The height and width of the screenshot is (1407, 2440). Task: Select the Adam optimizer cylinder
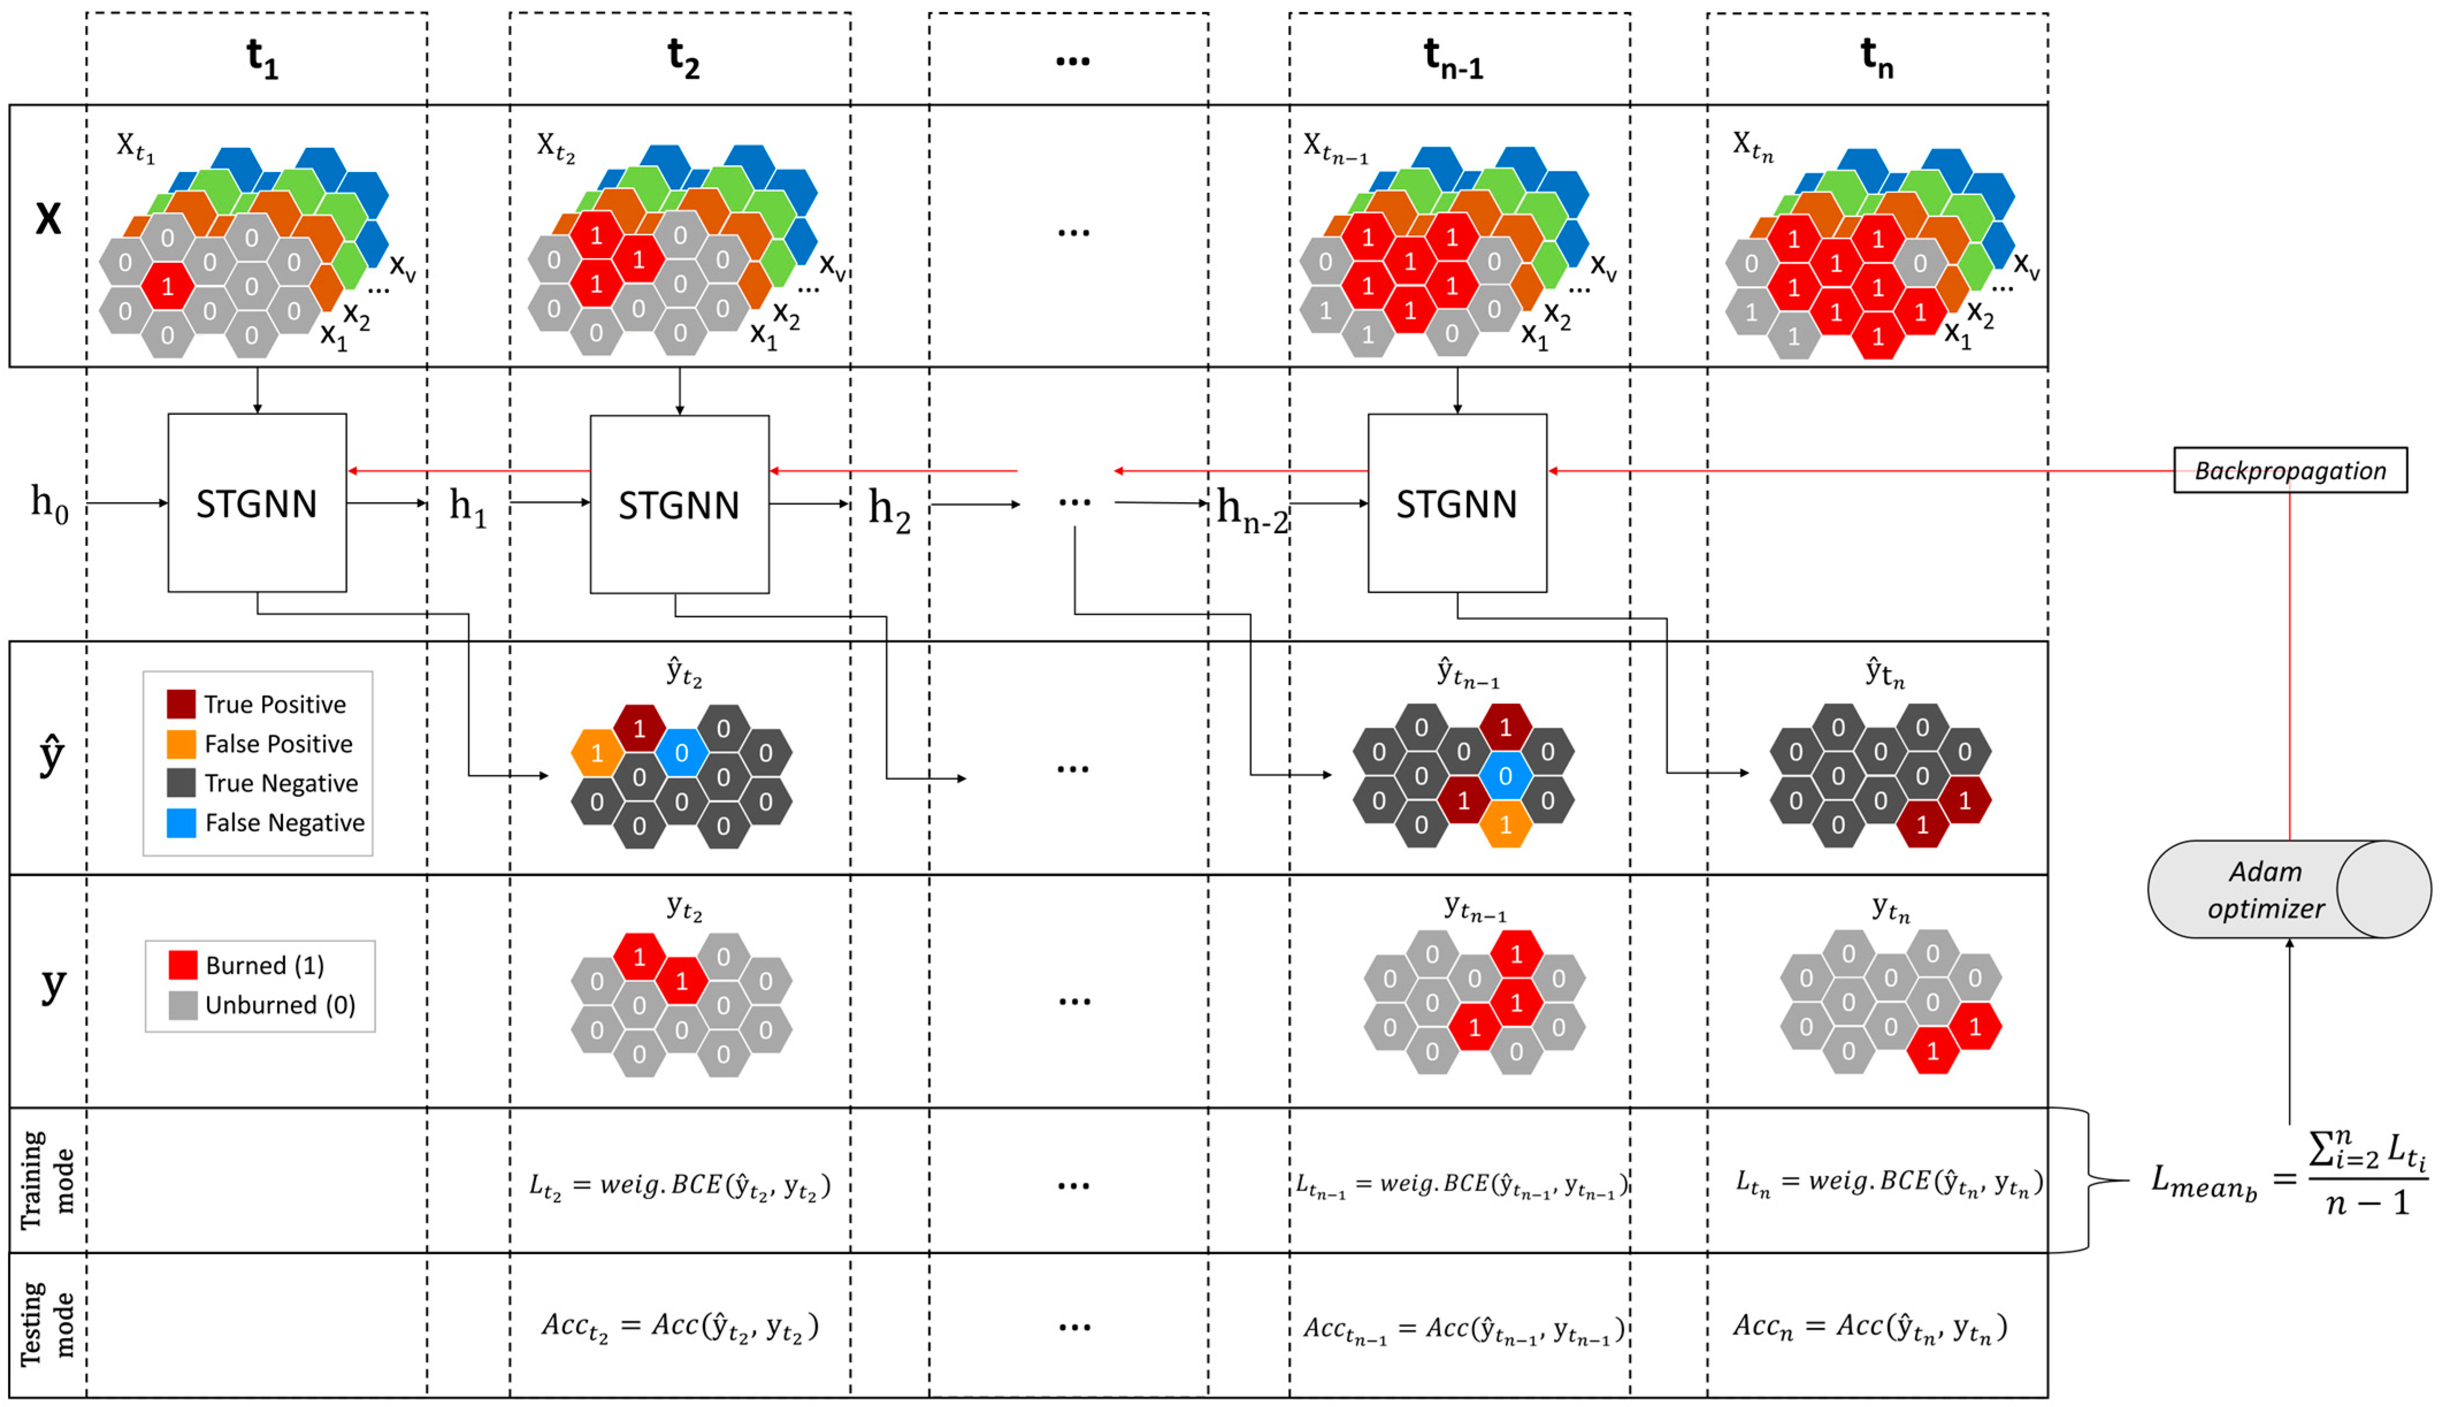click(x=2288, y=889)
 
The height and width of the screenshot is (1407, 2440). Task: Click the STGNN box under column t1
click(x=257, y=503)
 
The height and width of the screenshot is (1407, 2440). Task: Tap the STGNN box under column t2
click(x=679, y=504)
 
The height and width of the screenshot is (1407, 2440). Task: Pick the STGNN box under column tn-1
click(x=1457, y=503)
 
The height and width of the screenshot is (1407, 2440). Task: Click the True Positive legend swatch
click(x=181, y=703)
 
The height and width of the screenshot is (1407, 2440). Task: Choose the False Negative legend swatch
click(x=181, y=823)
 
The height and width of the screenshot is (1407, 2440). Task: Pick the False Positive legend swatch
click(x=181, y=743)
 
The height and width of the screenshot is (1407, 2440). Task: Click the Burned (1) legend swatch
click(x=182, y=965)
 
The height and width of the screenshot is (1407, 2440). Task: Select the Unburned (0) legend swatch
click(x=182, y=1005)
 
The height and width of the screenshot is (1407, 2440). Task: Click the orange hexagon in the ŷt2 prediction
click(x=597, y=753)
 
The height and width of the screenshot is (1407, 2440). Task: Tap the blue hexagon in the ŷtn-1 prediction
click(x=1505, y=776)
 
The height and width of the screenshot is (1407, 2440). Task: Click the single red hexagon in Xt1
click(x=167, y=286)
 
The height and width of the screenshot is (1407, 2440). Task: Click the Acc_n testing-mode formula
click(x=1869, y=1327)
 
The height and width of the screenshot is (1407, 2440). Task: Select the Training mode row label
click(x=47, y=1180)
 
